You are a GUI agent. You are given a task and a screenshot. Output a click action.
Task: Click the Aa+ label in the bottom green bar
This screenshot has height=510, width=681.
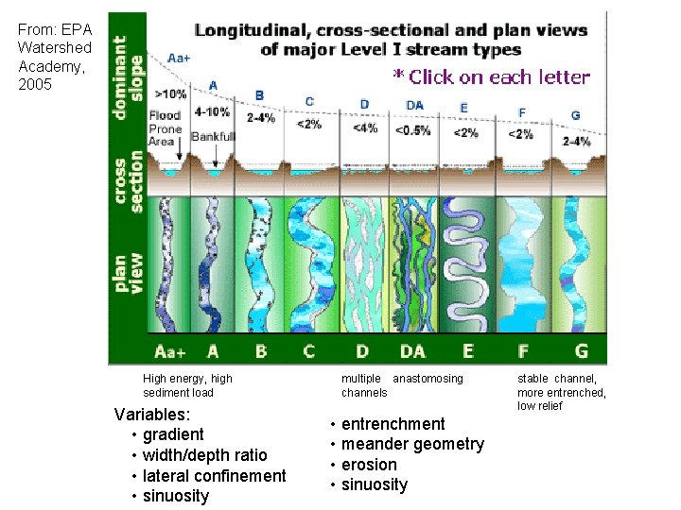pos(170,351)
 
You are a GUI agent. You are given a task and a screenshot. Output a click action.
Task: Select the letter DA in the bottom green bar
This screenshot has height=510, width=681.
pos(412,351)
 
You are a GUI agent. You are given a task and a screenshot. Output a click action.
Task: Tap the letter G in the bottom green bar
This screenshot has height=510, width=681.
pos(581,351)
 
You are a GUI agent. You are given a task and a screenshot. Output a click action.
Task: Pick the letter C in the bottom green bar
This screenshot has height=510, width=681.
pos(309,351)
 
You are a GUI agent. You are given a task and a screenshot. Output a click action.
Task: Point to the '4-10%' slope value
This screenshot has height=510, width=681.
pos(212,110)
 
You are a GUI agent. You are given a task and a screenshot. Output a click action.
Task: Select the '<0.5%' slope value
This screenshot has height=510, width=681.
pos(413,130)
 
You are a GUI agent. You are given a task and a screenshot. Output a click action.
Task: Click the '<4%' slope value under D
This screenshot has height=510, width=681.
pos(364,128)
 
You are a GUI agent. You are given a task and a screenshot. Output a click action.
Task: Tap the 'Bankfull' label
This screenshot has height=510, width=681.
pos(213,137)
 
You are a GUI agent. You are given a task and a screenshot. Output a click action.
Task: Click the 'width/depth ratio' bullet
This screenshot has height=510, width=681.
pos(204,455)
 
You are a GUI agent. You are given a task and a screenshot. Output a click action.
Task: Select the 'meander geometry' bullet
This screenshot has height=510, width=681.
pos(412,444)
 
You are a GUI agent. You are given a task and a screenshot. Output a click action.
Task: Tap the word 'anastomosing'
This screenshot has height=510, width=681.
pos(428,379)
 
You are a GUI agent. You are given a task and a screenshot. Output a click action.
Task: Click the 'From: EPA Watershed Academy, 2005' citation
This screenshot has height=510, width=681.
pos(55,57)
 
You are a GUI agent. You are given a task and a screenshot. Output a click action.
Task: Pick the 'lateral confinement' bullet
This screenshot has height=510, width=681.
pos(214,476)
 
